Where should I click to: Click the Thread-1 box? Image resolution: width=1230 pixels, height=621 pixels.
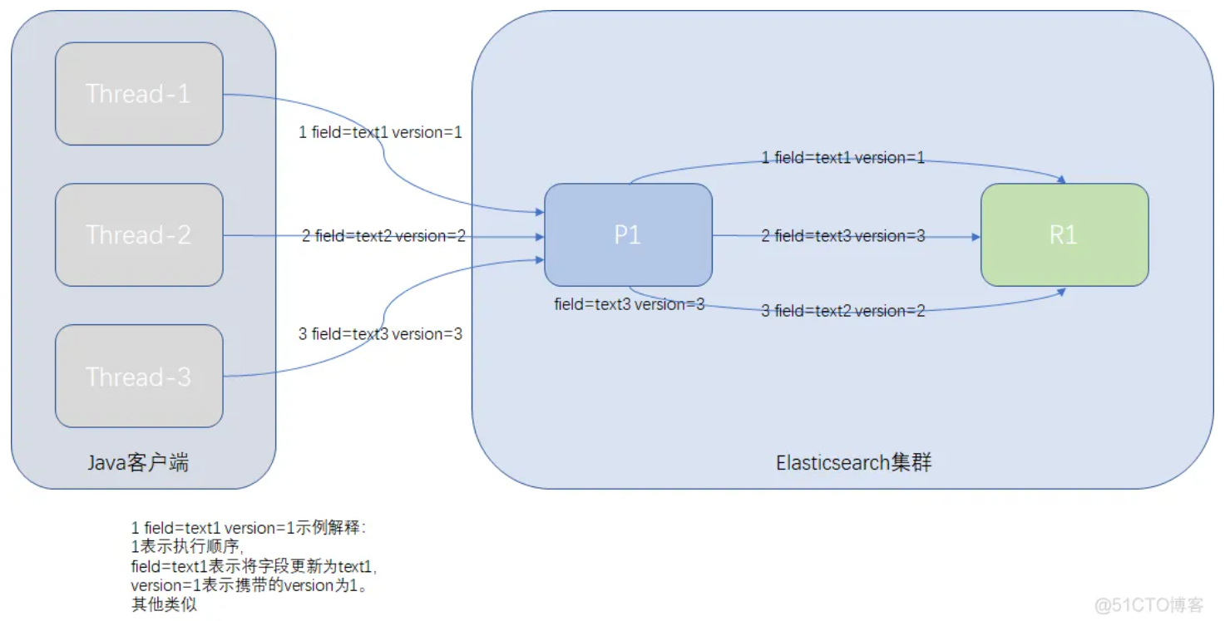[x=139, y=94]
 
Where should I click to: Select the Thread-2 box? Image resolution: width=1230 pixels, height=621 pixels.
[x=139, y=235]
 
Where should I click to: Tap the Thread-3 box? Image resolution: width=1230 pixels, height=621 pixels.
[x=139, y=376]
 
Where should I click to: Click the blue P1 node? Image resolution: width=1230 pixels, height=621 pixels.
[x=628, y=235]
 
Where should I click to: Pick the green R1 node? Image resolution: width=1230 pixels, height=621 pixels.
[x=1065, y=235]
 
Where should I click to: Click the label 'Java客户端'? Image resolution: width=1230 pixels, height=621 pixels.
[x=138, y=463]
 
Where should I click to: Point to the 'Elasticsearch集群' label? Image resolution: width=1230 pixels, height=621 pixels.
[x=854, y=463]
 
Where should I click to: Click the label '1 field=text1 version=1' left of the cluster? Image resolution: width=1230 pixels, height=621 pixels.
[x=380, y=132]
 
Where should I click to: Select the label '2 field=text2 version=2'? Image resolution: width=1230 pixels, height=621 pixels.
[x=383, y=236]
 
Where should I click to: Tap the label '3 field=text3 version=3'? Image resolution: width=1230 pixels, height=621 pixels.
[x=380, y=334]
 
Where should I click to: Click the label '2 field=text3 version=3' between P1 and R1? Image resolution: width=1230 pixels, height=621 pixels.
[x=843, y=236]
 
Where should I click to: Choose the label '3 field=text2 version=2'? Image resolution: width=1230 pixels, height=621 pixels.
[x=843, y=311]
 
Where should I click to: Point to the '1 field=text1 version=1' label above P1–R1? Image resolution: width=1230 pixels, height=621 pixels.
[x=843, y=158]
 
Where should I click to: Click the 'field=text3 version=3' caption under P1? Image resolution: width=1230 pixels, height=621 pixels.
[x=630, y=304]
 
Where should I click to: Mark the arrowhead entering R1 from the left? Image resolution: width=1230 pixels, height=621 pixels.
[x=976, y=237]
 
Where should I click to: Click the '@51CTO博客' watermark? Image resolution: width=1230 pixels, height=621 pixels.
[x=1148, y=605]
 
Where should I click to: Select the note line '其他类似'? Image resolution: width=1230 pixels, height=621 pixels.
[x=164, y=604]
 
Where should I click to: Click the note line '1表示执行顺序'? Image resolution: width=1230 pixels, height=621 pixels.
[x=186, y=546]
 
